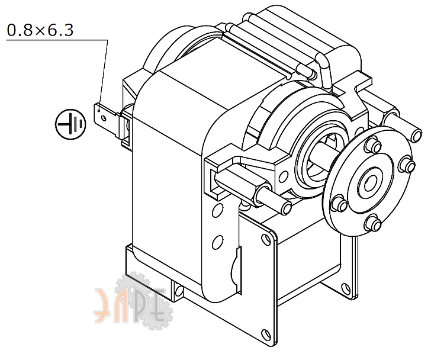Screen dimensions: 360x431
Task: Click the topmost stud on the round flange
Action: point(375,144)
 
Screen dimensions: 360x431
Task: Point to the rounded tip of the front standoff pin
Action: point(287,208)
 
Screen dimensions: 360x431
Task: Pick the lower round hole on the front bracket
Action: point(218,240)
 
